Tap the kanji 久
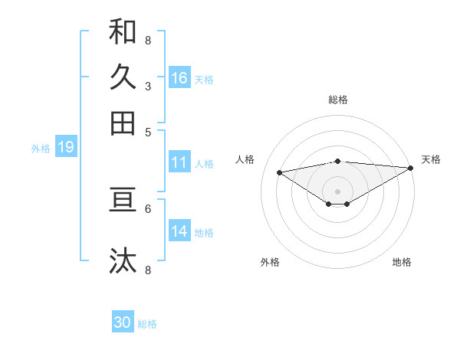click(123, 77)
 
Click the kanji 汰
click(123, 260)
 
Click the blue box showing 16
click(179, 78)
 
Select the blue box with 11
click(179, 162)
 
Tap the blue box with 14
click(179, 231)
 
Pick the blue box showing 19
click(66, 147)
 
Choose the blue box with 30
click(123, 322)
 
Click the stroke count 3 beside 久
click(147, 87)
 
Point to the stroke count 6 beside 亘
click(147, 208)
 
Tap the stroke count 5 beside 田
click(147, 131)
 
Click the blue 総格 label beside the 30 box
click(147, 324)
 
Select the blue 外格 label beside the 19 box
click(41, 149)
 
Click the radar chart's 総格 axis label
click(338, 100)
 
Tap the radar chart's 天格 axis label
click(431, 159)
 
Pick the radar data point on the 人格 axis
click(280, 172)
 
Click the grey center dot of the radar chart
click(338, 191)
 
